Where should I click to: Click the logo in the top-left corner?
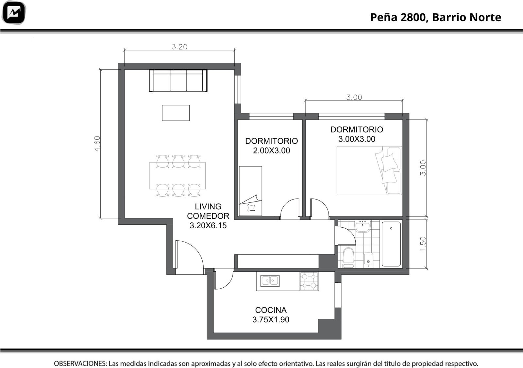(x=13, y=12)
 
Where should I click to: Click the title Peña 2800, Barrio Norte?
(x=436, y=18)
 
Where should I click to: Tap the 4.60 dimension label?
(x=97, y=144)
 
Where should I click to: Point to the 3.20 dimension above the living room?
(x=179, y=47)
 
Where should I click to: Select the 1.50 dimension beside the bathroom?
(x=423, y=244)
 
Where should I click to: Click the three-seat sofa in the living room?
(x=178, y=80)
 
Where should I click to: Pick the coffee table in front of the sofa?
(x=176, y=113)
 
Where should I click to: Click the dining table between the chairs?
(x=177, y=176)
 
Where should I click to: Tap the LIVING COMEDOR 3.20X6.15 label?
(x=208, y=216)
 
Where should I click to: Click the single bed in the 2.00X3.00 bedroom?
(x=250, y=191)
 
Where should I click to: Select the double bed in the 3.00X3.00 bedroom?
(x=369, y=170)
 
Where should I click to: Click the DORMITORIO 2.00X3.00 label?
(x=272, y=146)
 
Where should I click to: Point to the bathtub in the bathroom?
(x=391, y=244)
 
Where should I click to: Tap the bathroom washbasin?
(x=363, y=226)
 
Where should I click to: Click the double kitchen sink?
(x=270, y=281)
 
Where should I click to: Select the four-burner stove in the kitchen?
(x=309, y=281)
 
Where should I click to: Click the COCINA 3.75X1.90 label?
(x=271, y=314)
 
